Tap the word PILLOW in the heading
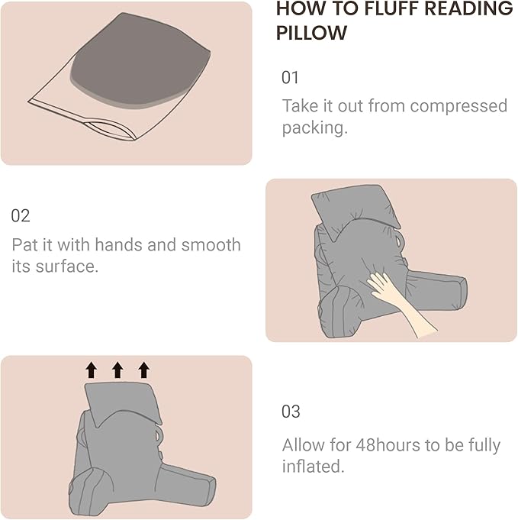pos(311,34)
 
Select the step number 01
pos(291,78)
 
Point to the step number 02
pos(21,215)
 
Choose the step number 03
pos(291,412)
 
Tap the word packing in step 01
pos(313,128)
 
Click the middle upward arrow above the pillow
pos(117,370)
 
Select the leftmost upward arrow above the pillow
pos(92,370)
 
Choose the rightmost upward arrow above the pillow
pos(143,370)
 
